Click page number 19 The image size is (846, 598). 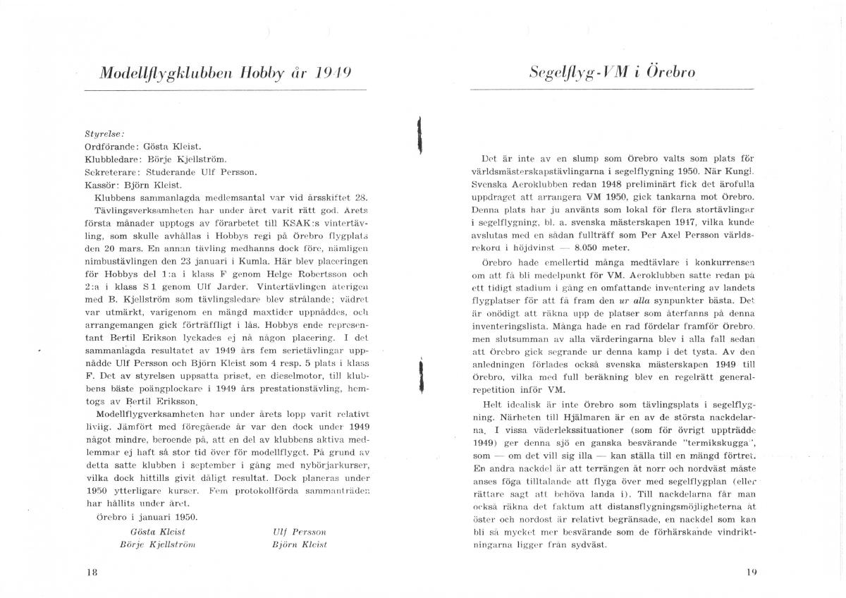(750, 572)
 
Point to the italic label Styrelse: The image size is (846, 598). (104, 133)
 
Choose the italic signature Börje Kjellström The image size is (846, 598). (157, 544)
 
